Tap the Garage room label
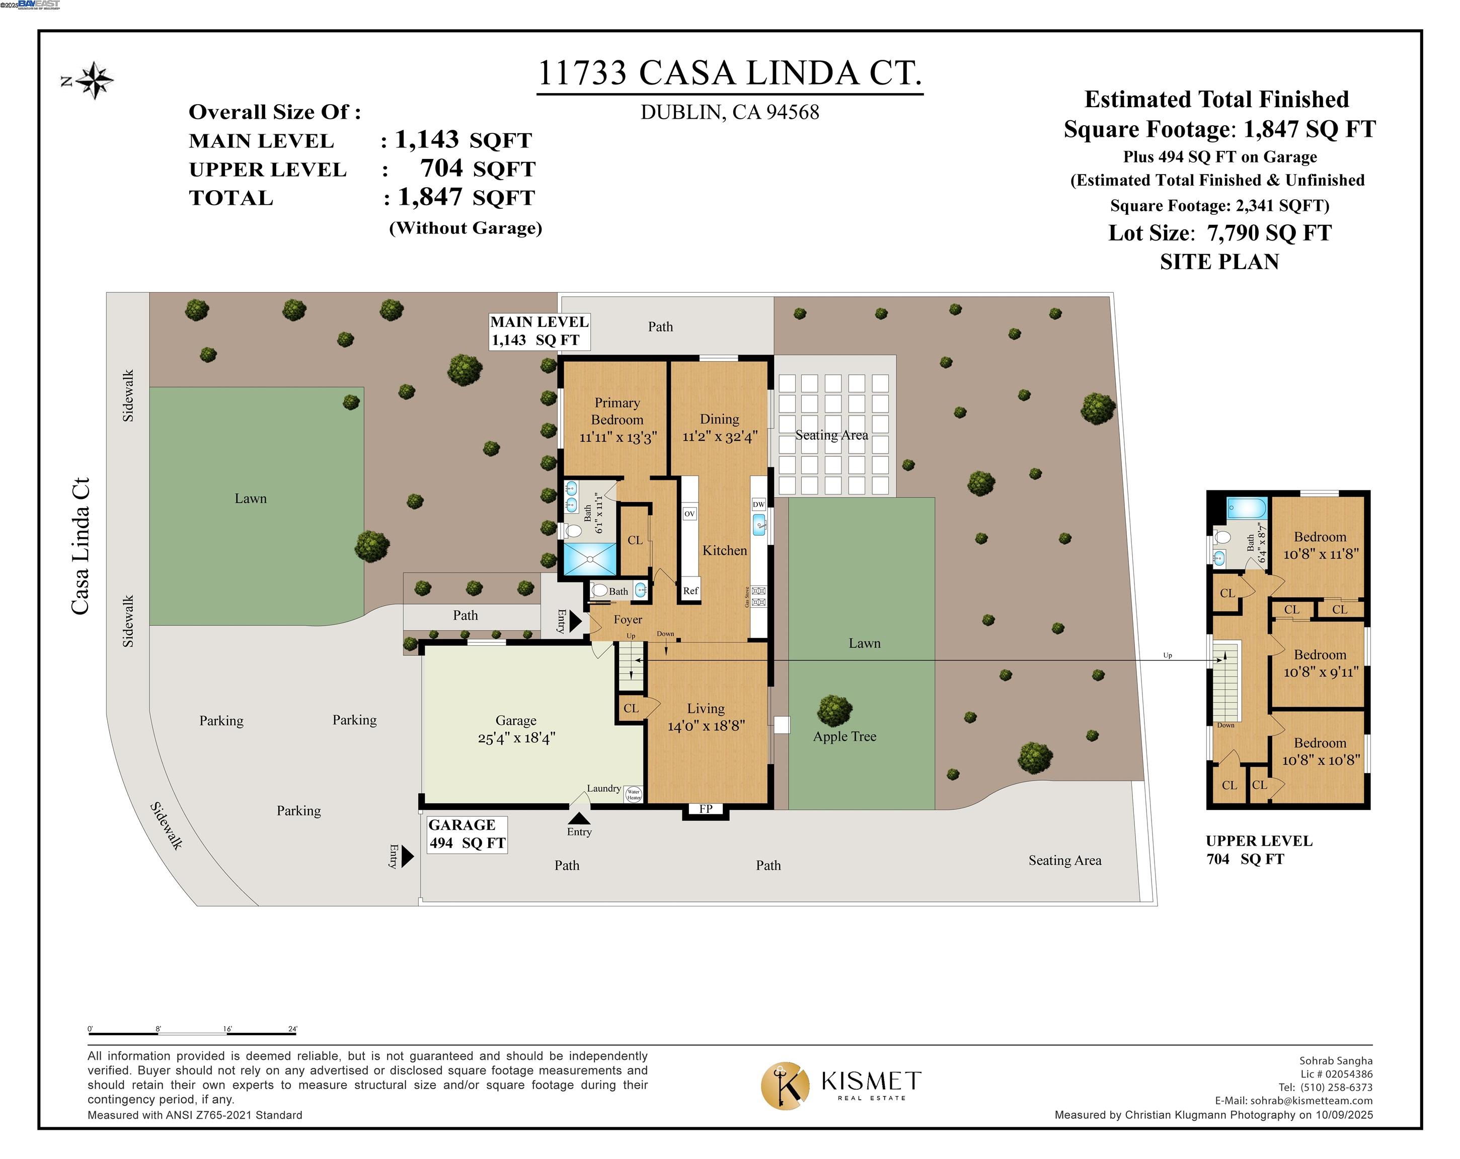(516, 729)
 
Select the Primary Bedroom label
(617, 420)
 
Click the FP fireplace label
(706, 809)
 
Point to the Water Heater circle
(633, 794)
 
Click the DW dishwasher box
(758, 505)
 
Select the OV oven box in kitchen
(689, 514)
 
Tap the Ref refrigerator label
(690, 591)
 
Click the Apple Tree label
(844, 736)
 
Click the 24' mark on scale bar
(292, 1030)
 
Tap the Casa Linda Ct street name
(81, 546)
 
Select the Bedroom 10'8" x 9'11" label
(1321, 664)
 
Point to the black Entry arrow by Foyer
(575, 621)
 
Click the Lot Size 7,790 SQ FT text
(1219, 233)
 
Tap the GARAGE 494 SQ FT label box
(467, 834)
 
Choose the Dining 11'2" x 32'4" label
(719, 428)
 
